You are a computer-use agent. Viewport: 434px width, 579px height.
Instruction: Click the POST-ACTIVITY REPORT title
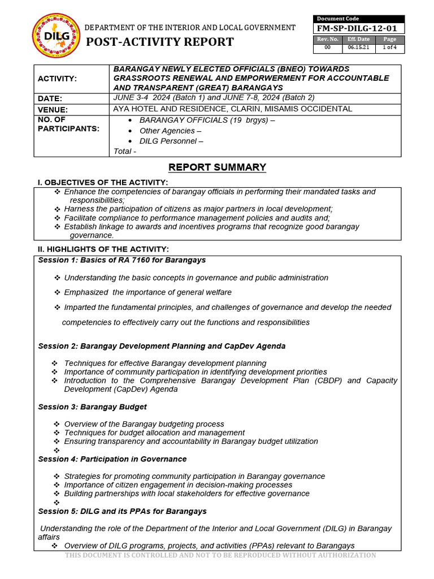point(159,42)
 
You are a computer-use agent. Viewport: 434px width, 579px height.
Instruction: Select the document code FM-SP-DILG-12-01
point(358,29)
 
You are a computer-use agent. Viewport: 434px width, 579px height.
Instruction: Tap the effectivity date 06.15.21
point(358,47)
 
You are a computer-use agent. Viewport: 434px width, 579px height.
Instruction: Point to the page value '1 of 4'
point(390,47)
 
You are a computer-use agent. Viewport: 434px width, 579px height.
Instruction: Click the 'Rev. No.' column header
point(328,39)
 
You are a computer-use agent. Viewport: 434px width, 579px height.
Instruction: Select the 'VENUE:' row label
point(53,110)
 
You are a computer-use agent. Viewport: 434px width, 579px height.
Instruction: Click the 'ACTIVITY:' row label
point(57,78)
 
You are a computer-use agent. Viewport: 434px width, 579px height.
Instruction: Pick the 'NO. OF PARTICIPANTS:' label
point(68,124)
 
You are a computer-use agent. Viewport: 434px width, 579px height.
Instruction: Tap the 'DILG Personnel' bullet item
point(171,141)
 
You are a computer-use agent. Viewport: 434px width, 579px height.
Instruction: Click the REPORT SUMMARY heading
point(217,167)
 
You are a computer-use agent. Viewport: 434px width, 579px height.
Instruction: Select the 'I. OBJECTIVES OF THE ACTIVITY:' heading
point(102,182)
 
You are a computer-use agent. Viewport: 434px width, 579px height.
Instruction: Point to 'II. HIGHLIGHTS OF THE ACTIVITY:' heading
point(103,249)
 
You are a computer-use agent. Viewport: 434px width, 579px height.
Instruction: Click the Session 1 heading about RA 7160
point(121,260)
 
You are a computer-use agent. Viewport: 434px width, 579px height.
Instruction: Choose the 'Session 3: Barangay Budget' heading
point(92,407)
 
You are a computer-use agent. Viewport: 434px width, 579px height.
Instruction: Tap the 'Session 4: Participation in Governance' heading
point(112,459)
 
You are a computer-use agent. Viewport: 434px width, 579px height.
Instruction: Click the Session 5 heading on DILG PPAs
point(122,511)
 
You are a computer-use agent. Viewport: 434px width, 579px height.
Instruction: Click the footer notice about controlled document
point(220,555)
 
